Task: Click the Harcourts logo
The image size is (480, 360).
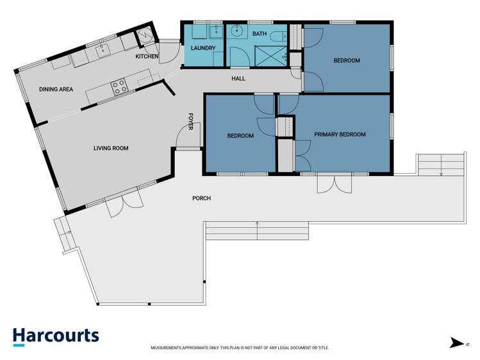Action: coord(56,336)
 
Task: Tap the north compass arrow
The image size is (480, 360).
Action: coord(456,343)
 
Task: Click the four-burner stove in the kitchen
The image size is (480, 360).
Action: coord(119,86)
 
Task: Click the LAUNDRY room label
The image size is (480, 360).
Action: coord(203,47)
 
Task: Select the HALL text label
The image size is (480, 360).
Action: coord(238,79)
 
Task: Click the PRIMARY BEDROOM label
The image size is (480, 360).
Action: coord(340,135)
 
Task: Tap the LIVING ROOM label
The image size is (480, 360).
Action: coord(111,148)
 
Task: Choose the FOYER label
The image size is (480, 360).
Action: coord(190,121)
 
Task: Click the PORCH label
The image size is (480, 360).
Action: coord(201,198)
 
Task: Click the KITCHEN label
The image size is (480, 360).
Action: coord(147,57)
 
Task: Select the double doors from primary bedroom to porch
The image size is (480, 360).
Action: coord(334,183)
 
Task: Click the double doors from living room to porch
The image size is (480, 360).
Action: coord(123,201)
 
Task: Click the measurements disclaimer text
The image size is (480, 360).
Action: coord(240,348)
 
